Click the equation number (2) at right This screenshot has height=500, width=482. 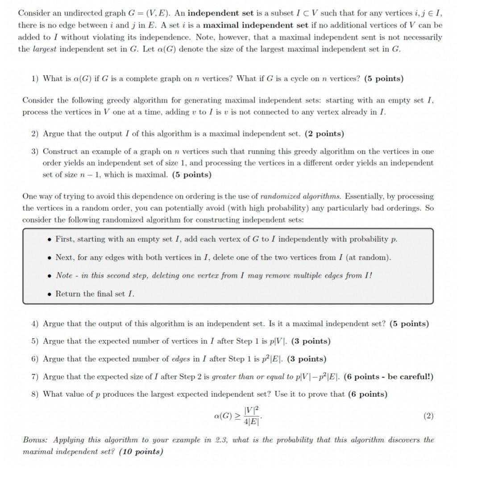(428, 416)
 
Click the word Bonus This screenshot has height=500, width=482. (34, 440)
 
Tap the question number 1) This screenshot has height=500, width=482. (35, 79)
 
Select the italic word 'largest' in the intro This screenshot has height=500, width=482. (45, 49)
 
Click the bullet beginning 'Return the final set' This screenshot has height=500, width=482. (95, 294)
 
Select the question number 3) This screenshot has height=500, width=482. (35, 151)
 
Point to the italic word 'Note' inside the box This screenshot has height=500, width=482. (64, 275)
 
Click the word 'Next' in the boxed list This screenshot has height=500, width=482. (64, 257)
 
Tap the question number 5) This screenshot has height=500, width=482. (35, 341)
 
